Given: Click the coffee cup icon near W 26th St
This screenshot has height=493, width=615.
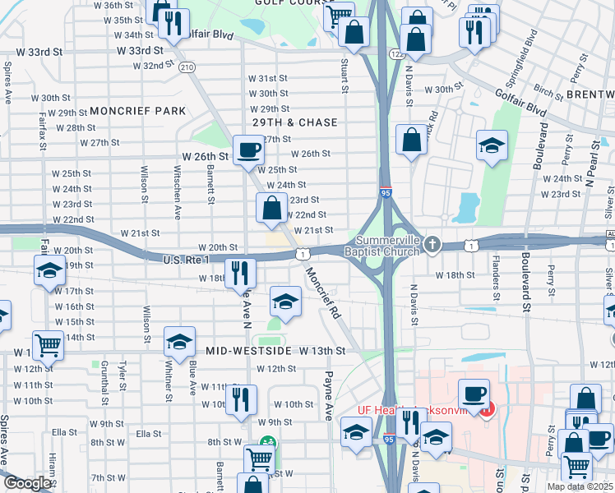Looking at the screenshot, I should point(248,150).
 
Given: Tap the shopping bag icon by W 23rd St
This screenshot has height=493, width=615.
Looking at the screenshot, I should point(271,210).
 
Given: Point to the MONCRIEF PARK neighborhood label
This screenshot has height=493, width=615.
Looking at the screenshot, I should point(127,110).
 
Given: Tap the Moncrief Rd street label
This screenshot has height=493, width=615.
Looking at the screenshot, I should point(323,294).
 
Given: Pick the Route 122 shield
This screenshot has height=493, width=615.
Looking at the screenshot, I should point(396,53).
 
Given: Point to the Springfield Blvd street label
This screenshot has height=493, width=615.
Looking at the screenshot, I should point(523,53).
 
